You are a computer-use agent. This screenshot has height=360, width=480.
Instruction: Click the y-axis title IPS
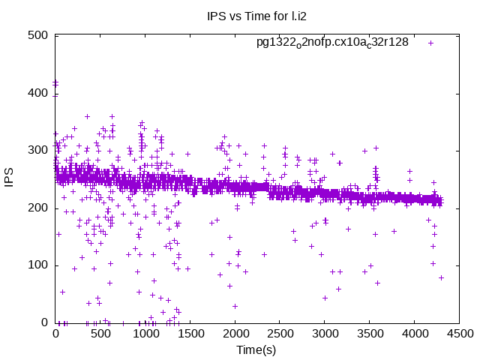[x=10, y=178]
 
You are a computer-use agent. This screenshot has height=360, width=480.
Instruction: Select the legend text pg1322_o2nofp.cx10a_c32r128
[x=332, y=42]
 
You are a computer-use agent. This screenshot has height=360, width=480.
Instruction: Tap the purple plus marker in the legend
[x=431, y=43]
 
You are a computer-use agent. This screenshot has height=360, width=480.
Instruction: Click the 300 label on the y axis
[x=38, y=150]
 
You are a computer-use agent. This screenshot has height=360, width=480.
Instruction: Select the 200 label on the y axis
[x=38, y=208]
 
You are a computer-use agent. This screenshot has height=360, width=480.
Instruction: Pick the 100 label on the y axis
[x=38, y=265]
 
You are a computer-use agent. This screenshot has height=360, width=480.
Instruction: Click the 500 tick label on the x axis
[x=100, y=334]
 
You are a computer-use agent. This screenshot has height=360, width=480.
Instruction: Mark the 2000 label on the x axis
[x=235, y=334]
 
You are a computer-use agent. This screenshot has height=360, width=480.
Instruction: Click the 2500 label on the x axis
[x=279, y=334]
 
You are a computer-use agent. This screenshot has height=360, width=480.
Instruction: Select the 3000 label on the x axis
[x=324, y=334]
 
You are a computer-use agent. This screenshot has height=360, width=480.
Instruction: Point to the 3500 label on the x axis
[x=368, y=334]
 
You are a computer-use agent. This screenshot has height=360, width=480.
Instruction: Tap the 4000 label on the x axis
[x=413, y=334]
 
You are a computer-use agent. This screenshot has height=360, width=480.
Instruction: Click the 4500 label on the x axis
[x=457, y=334]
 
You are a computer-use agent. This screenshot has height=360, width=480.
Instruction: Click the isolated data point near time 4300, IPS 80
[x=441, y=277]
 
